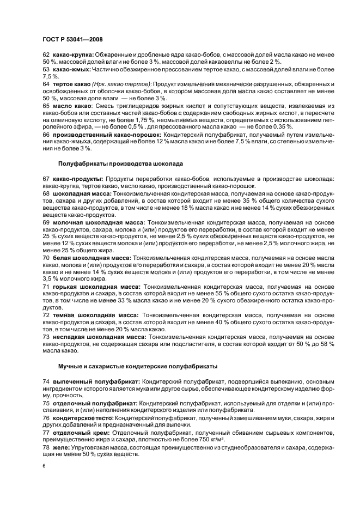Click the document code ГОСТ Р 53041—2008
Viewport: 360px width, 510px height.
[72, 40]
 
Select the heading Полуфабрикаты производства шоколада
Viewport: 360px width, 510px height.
[120, 163]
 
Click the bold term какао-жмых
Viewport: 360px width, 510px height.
[71, 70]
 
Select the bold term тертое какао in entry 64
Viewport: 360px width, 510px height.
[71, 84]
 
